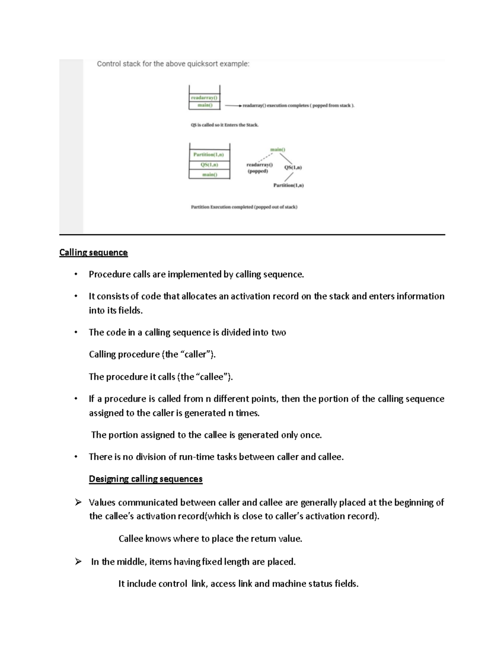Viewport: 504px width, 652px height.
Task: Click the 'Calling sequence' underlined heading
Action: (x=93, y=252)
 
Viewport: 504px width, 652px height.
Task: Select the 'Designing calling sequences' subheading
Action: (x=145, y=479)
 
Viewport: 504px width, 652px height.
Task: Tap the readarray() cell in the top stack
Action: (x=204, y=97)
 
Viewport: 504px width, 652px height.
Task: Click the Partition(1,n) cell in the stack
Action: (x=209, y=154)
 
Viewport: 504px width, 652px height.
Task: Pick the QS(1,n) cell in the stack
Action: (x=209, y=165)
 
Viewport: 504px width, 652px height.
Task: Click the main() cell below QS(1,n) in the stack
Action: (x=209, y=175)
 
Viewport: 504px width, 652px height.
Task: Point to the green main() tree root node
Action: (x=278, y=149)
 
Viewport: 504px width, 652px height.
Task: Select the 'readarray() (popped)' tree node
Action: (x=259, y=168)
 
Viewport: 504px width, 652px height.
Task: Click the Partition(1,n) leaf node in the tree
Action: (x=289, y=185)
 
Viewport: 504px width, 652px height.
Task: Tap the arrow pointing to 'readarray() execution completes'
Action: (x=233, y=106)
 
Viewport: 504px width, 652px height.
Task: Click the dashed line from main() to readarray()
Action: (x=265, y=158)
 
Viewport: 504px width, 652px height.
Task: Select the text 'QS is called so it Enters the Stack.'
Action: (x=225, y=125)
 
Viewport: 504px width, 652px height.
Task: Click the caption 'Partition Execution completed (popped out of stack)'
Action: (x=244, y=207)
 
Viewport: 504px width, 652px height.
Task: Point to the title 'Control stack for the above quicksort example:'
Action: (x=173, y=64)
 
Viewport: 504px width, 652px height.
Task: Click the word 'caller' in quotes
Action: (x=197, y=354)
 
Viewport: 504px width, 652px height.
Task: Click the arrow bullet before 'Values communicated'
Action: (x=78, y=503)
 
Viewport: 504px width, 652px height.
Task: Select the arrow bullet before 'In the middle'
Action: (x=78, y=562)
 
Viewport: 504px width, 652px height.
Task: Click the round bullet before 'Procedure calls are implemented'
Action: (x=76, y=275)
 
